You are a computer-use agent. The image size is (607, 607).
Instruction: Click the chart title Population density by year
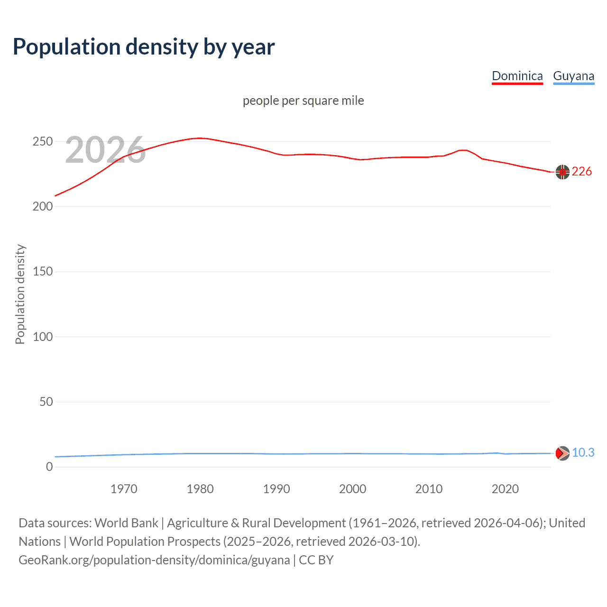tap(144, 47)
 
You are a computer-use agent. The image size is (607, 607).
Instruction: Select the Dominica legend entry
tap(517, 76)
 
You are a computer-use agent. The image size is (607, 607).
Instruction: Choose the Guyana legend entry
tap(573, 76)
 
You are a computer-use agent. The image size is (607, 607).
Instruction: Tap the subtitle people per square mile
tap(303, 101)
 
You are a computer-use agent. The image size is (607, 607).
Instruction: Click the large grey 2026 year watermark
tap(105, 150)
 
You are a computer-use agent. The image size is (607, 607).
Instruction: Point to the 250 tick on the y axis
tap(43, 142)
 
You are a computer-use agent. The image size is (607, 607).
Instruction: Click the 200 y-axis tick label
tap(43, 207)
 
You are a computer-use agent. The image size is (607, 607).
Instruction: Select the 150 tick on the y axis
tap(43, 272)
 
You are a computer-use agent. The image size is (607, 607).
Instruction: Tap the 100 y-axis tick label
tap(43, 337)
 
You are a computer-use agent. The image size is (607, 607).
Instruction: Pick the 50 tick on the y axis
tap(46, 402)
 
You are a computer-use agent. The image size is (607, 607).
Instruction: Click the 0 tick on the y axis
tap(49, 467)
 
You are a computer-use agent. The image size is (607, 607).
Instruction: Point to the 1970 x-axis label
tap(124, 489)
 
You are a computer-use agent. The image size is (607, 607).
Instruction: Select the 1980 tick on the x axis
tap(200, 489)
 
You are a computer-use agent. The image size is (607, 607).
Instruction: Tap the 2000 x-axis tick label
tap(352, 489)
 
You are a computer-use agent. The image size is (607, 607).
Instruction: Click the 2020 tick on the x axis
tap(505, 489)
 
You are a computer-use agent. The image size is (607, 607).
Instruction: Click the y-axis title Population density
tap(20, 294)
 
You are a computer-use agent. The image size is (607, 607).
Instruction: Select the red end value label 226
tap(581, 172)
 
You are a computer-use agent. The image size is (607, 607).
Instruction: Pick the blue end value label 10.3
tap(583, 453)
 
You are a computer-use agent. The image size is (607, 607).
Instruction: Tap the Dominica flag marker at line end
tap(562, 172)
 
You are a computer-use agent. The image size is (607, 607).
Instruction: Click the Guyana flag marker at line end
tap(562, 453)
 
